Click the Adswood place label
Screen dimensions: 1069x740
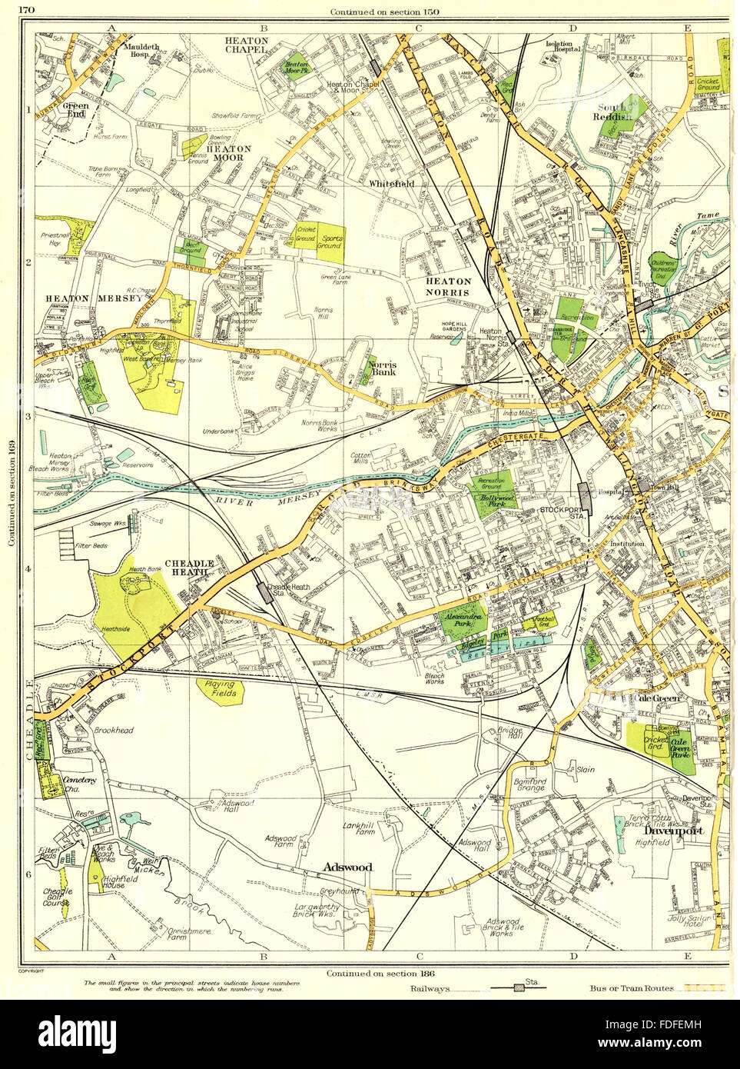pos(347,867)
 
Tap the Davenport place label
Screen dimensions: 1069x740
pos(667,831)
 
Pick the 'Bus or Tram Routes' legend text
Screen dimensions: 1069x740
pos(633,988)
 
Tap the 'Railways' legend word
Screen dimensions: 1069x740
pos(430,989)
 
